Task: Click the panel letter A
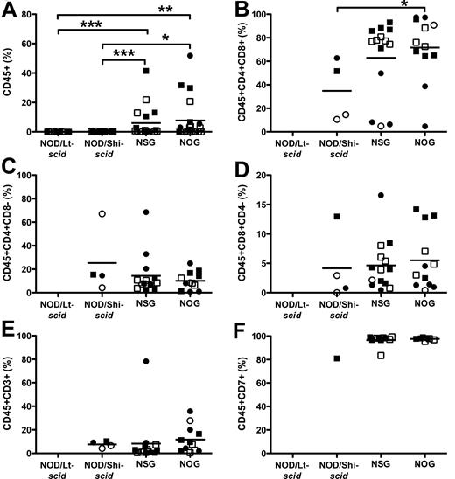(x=8, y=8)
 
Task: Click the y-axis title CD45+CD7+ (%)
(x=248, y=392)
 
